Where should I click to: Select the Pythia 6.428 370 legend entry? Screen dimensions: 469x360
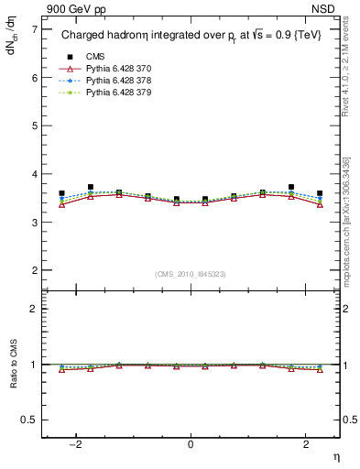point(111,69)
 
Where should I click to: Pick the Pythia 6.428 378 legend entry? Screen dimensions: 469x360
point(111,81)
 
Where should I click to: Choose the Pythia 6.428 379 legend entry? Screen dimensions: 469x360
point(111,93)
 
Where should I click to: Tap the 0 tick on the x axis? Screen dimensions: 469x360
point(191,444)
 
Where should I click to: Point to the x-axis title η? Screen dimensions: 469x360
point(335,456)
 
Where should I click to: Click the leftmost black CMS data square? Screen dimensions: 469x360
point(61,194)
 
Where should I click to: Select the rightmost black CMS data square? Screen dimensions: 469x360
point(320,194)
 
